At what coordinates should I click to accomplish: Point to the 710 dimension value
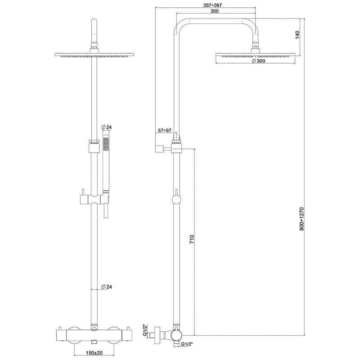(191, 239)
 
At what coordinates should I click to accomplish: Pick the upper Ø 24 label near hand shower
(106, 128)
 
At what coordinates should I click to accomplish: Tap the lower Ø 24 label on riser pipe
(106, 286)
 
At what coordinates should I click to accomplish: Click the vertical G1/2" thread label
(145, 331)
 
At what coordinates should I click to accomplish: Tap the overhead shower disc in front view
(94, 56)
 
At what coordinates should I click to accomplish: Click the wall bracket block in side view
(158, 148)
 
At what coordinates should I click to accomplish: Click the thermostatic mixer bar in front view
(94, 335)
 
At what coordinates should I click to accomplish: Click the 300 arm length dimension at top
(214, 12)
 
